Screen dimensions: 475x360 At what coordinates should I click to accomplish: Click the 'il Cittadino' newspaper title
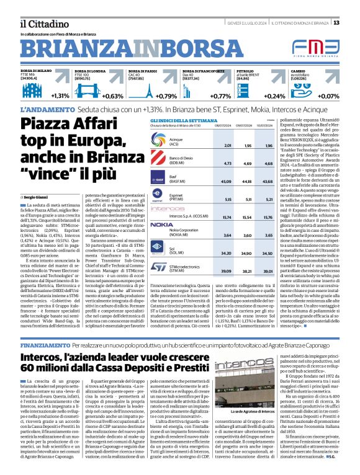[39, 23]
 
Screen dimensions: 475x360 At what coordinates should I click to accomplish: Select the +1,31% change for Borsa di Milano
[60, 96]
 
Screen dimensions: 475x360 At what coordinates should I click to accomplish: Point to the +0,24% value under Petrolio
[275, 96]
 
